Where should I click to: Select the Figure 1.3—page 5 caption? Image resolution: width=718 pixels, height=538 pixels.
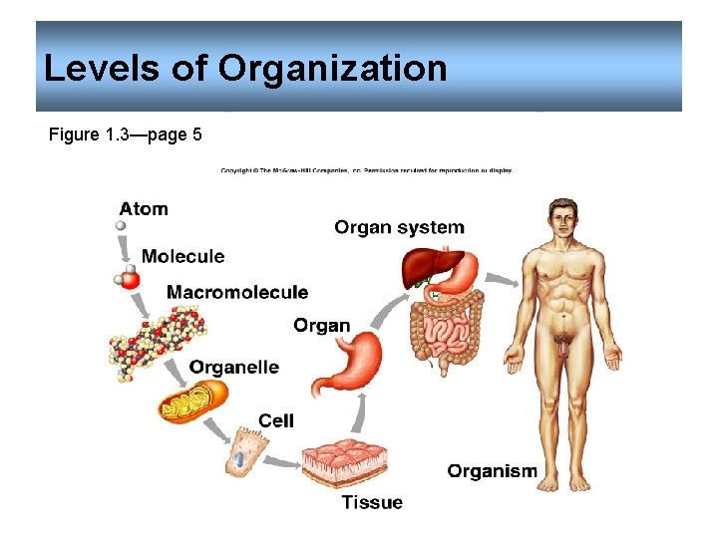pos(125,134)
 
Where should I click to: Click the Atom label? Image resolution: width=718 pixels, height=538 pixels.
pos(144,209)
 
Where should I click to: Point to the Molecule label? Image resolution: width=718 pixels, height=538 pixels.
pos(182,256)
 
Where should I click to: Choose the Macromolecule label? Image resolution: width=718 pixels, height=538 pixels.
pos(237,292)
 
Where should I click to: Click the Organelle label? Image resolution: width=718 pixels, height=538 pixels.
pos(233,367)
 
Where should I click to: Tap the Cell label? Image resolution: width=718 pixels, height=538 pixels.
pos(276,420)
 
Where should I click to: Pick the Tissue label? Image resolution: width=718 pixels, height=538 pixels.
pos(372,502)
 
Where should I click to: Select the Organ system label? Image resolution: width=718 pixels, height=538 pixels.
pos(399,227)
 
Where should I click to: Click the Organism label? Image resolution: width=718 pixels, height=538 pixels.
pos(492,471)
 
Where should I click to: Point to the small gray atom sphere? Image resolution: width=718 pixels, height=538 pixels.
pos(122,226)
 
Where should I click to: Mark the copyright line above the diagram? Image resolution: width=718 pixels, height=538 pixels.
pos(367,170)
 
